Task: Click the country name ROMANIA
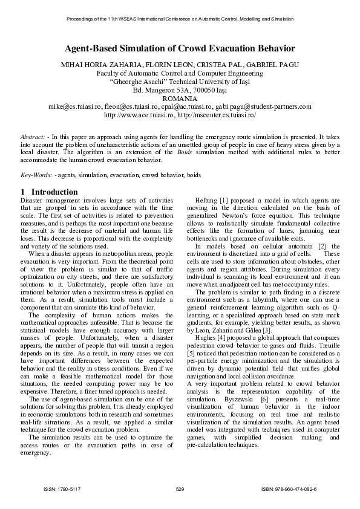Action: pos(180,99)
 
